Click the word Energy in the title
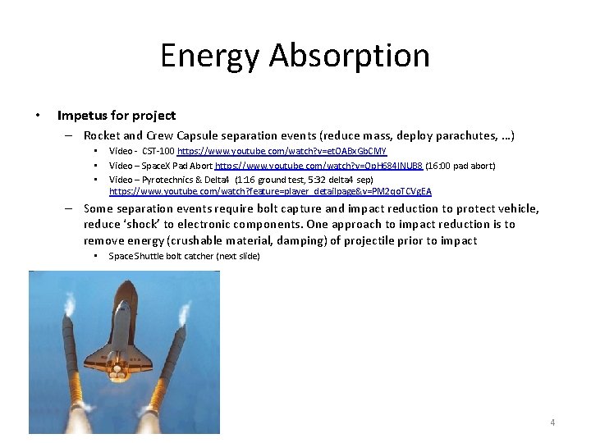[210, 56]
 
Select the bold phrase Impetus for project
[117, 116]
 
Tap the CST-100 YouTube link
[282, 152]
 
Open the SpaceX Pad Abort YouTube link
[318, 166]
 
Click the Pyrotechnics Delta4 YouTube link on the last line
[270, 191]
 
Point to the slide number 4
[552, 422]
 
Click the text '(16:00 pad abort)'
[460, 166]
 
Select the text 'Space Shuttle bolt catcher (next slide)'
[185, 256]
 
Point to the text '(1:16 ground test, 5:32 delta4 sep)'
[304, 179]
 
